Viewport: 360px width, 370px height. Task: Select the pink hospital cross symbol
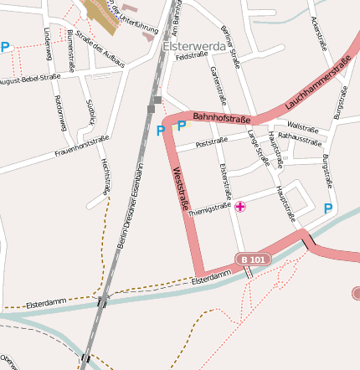pos(241,207)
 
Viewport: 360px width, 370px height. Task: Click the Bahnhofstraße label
pos(222,118)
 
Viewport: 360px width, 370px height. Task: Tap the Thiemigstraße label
pos(209,209)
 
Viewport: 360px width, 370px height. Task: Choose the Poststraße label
pos(212,144)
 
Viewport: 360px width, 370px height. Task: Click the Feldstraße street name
pos(192,55)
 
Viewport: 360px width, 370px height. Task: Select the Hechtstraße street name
pos(105,176)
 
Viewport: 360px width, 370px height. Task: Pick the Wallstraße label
pos(303,129)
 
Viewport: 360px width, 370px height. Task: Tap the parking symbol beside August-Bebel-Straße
pos(6,48)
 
